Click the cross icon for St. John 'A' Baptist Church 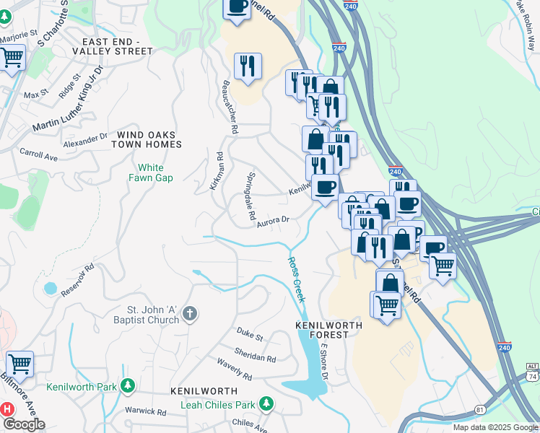[x=190, y=314]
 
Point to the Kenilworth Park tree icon [x=128, y=387]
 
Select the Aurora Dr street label [x=273, y=222]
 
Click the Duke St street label [x=250, y=333]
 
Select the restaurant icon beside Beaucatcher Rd [x=248, y=66]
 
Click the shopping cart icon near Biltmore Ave [x=19, y=364]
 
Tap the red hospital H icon [x=7, y=409]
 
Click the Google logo [x=24, y=424]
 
